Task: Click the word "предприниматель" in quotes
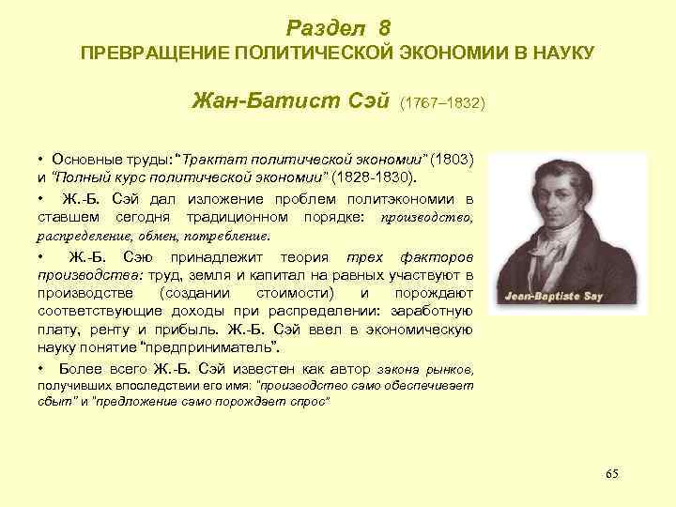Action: click(x=223, y=347)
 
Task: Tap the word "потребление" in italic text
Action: click(x=228, y=236)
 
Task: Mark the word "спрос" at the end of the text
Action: click(x=312, y=402)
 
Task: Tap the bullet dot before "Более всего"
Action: click(x=43, y=368)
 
